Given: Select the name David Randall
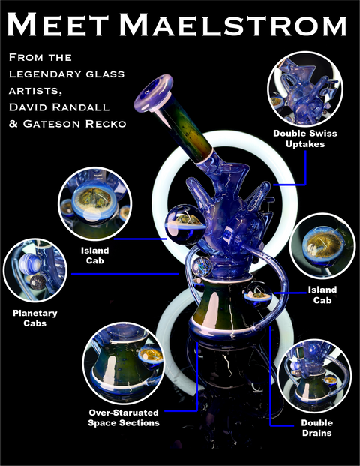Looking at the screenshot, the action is tap(59, 107).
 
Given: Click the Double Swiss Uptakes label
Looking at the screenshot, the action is tap(305, 139).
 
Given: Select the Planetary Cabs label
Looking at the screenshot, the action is tap(35, 318).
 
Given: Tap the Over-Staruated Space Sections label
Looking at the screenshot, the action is tap(124, 417).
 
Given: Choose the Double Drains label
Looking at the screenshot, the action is tap(317, 428).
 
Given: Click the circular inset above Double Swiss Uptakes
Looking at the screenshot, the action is tap(305, 89).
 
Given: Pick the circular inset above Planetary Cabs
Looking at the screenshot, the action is tap(35, 270).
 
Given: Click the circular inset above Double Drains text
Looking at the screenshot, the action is tap(315, 376).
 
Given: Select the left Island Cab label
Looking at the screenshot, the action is tap(95, 255).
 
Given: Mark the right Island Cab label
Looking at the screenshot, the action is tap(322, 295).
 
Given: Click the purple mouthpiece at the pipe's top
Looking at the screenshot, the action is tap(154, 93).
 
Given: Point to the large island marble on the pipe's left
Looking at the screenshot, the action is tap(185, 225).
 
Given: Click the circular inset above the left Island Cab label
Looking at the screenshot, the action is tap(95, 203).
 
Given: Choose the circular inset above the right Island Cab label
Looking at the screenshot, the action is tap(322, 245).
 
